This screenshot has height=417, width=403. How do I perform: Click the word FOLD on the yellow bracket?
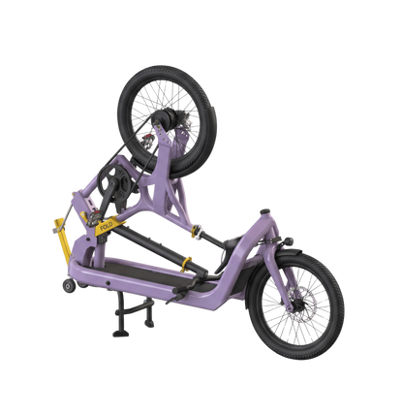107,226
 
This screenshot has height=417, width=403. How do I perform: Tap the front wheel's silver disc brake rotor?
300,305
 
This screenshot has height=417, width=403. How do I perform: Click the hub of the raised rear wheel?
167,116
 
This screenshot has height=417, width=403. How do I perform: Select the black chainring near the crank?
114,181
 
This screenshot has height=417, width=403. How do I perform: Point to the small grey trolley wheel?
70,286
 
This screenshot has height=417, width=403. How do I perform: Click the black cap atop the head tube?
265,212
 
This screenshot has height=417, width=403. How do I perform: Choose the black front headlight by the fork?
288,241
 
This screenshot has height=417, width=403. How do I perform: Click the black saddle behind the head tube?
233,243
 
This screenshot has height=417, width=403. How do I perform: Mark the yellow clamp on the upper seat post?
196,231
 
